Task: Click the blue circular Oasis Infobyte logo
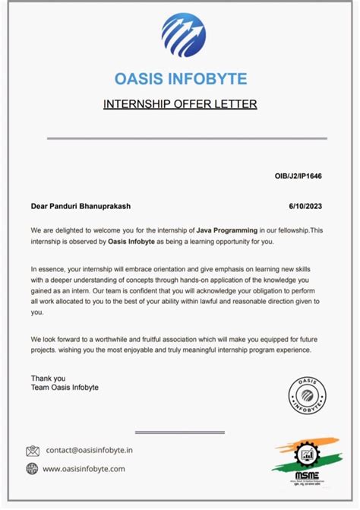pos(183,36)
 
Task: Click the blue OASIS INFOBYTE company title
pos(180,79)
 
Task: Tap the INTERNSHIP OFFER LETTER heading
pos(180,103)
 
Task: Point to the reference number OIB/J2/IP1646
pos(298,176)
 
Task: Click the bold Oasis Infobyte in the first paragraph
pos(133,242)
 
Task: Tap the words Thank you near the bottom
pos(48,378)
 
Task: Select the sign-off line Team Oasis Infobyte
pos(65,388)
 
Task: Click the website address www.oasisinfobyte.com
pos(84,469)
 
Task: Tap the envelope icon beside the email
pos(33,451)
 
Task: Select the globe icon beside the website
pos(33,469)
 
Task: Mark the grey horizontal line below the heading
pos(187,138)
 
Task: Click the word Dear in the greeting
pos(39,205)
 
